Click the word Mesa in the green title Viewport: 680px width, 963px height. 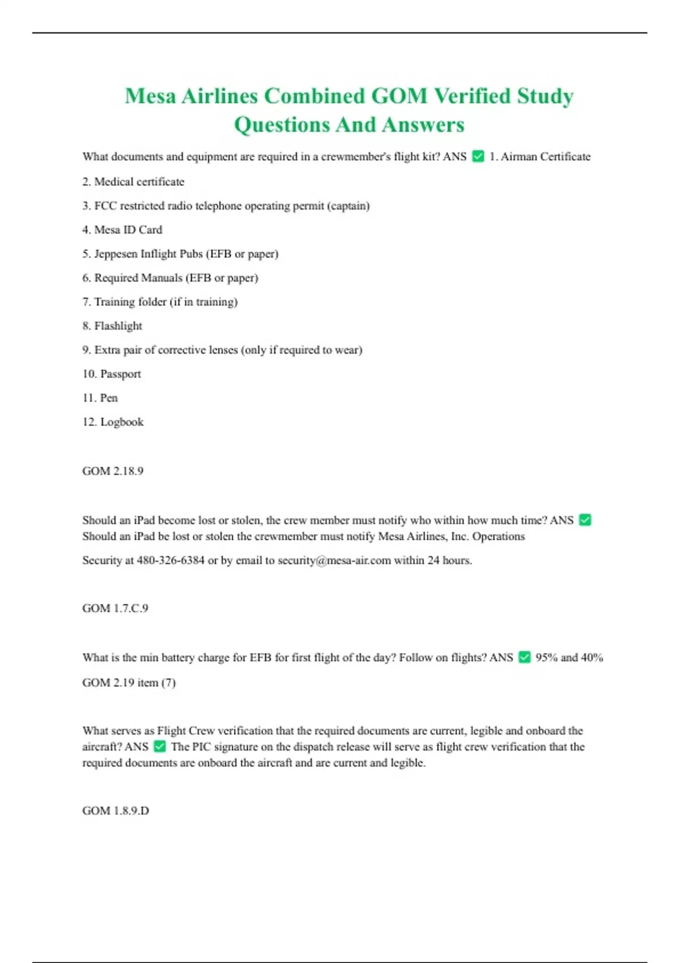151,96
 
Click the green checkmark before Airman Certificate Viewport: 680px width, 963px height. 478,156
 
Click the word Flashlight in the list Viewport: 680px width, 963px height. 118,326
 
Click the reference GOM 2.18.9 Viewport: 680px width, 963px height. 113,471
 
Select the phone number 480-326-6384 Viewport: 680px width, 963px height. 171,560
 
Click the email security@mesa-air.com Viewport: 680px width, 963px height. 334,560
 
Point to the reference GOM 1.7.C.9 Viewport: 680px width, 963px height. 115,608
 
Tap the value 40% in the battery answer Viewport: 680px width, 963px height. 592,657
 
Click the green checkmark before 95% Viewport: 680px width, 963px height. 525,657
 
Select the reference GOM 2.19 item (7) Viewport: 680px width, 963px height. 129,683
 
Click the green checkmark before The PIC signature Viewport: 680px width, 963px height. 160,747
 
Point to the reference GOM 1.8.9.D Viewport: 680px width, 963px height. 116,811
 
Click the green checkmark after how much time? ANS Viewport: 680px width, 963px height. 585,520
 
